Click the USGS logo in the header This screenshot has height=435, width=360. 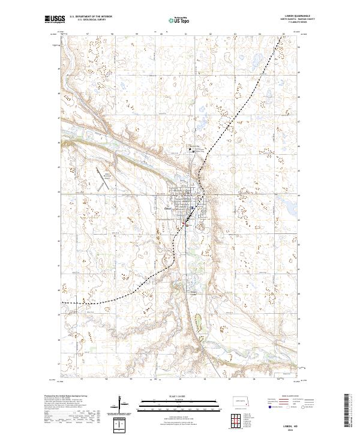[x=55, y=20]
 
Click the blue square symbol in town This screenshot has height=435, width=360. [x=191, y=208]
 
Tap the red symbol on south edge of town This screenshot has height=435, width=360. [x=184, y=225]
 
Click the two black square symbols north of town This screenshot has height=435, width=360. [x=193, y=150]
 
